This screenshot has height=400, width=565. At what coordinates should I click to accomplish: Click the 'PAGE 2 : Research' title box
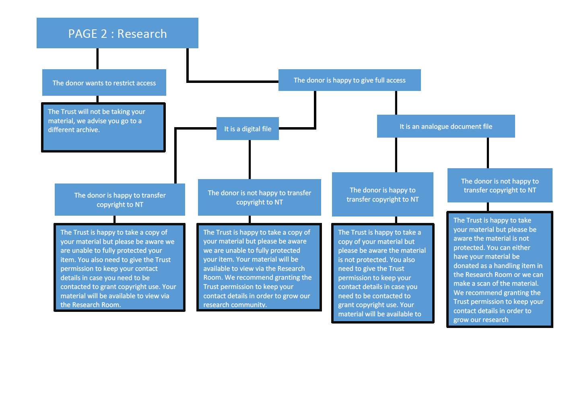[117, 33]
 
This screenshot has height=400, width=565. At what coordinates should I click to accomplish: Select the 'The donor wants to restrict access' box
[104, 82]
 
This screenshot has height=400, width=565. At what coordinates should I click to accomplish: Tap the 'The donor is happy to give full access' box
[349, 80]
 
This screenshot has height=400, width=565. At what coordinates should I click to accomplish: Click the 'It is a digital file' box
[247, 129]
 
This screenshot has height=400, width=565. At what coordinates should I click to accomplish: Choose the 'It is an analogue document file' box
[445, 126]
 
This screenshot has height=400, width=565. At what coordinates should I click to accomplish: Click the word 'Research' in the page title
[142, 34]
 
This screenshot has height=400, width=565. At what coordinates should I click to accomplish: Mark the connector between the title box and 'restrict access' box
[97, 59]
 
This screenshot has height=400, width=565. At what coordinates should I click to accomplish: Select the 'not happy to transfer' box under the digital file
[259, 197]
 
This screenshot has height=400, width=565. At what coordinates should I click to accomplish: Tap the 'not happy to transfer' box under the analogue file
[499, 186]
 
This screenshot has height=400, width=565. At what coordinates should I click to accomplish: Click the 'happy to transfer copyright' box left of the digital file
[120, 200]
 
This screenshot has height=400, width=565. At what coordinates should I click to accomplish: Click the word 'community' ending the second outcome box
[248, 305]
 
